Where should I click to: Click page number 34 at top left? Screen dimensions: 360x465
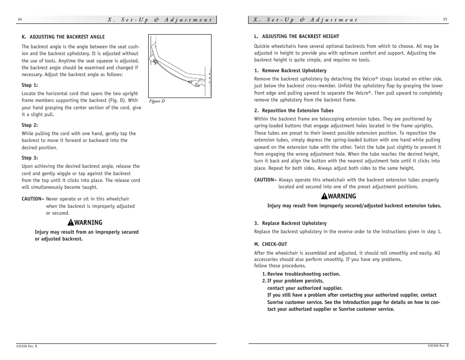pyautogui.click(x=19, y=20)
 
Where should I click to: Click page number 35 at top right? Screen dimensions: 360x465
pyautogui.click(x=445, y=20)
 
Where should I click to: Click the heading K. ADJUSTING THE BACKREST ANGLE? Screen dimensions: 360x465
pyautogui.click(x=63, y=37)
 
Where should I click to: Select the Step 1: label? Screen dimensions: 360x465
pyautogui.click(x=30, y=85)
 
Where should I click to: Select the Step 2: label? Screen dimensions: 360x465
pyautogui.click(x=30, y=125)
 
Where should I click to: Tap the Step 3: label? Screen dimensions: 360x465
pyautogui.click(x=30, y=158)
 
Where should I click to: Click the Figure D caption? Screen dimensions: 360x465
pyautogui.click(x=157, y=101)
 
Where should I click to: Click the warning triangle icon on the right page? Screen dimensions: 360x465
pyautogui.click(x=324, y=197)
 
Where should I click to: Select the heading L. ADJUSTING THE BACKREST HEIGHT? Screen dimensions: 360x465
pyautogui.click(x=296, y=37)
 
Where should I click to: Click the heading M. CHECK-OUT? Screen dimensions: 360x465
pyautogui.click(x=271, y=244)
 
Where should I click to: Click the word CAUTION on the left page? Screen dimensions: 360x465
pyautogui.click(x=32, y=199)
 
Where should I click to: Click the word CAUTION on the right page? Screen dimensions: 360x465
pyautogui.click(x=265, y=180)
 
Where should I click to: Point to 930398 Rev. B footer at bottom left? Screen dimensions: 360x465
pyautogui.click(x=27, y=346)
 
